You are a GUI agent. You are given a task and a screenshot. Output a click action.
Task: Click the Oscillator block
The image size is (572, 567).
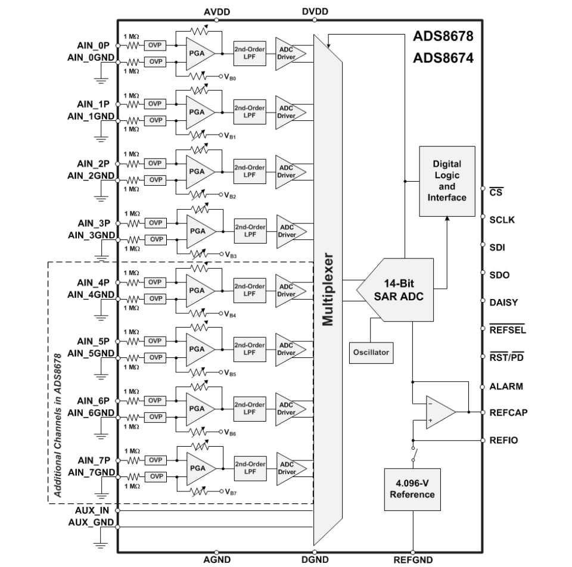(371, 353)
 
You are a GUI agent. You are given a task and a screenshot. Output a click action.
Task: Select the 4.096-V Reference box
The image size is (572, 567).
(412, 490)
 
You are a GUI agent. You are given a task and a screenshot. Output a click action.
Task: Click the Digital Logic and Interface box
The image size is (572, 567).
(447, 181)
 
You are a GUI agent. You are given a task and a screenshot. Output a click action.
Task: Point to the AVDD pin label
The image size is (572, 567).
(217, 12)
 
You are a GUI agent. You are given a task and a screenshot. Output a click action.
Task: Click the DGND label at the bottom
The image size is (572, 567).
(315, 559)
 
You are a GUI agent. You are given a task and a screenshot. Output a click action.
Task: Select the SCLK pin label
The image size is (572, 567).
(502, 220)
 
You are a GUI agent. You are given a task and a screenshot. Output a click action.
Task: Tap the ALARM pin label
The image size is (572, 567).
(506, 387)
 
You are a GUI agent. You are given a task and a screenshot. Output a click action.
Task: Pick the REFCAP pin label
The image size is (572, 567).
(508, 413)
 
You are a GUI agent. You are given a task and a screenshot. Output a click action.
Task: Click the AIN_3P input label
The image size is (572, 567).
(94, 223)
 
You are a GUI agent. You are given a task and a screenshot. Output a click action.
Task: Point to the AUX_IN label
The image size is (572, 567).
(92, 510)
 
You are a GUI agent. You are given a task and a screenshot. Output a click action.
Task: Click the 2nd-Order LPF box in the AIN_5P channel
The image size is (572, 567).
(250, 350)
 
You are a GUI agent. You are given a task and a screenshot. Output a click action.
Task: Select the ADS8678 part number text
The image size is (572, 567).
(443, 36)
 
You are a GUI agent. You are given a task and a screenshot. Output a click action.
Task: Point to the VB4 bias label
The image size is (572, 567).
(230, 314)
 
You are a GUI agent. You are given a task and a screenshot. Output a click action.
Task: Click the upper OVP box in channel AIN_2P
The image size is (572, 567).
(155, 163)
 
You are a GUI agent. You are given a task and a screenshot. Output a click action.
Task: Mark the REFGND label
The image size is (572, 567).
(413, 560)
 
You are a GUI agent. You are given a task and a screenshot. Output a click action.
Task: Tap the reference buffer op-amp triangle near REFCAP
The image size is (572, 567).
(440, 412)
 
